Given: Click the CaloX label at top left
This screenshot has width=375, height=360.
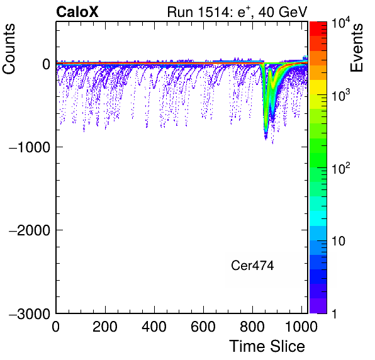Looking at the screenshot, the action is coord(77,12).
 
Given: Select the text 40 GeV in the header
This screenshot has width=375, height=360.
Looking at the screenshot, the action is coord(283,12).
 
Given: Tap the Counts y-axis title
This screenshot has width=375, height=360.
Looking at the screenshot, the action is coord(9,48).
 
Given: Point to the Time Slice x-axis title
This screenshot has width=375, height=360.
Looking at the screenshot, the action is coord(267,346).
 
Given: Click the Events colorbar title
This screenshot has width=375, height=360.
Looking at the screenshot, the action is coord(356,47).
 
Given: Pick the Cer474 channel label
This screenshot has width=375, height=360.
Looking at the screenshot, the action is coord(252,266).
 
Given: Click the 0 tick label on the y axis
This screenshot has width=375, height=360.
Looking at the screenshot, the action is coord(47,64).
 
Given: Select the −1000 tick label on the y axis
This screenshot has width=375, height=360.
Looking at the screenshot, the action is coord(30,147).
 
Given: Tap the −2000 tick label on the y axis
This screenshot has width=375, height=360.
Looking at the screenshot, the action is coord(30,230).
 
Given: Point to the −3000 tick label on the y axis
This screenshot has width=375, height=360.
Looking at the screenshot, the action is coord(30,313).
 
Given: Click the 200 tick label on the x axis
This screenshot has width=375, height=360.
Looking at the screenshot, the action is coord(105,327).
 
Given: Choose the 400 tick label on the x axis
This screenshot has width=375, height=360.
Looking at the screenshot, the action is coord(154,327).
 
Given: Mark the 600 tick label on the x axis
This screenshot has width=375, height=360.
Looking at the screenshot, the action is coord(203,327).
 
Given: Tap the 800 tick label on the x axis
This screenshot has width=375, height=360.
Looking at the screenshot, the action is coord(252,327).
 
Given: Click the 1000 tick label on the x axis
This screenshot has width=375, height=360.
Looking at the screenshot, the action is coord(301,327).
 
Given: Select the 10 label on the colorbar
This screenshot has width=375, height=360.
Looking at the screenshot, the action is coord(338,241).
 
